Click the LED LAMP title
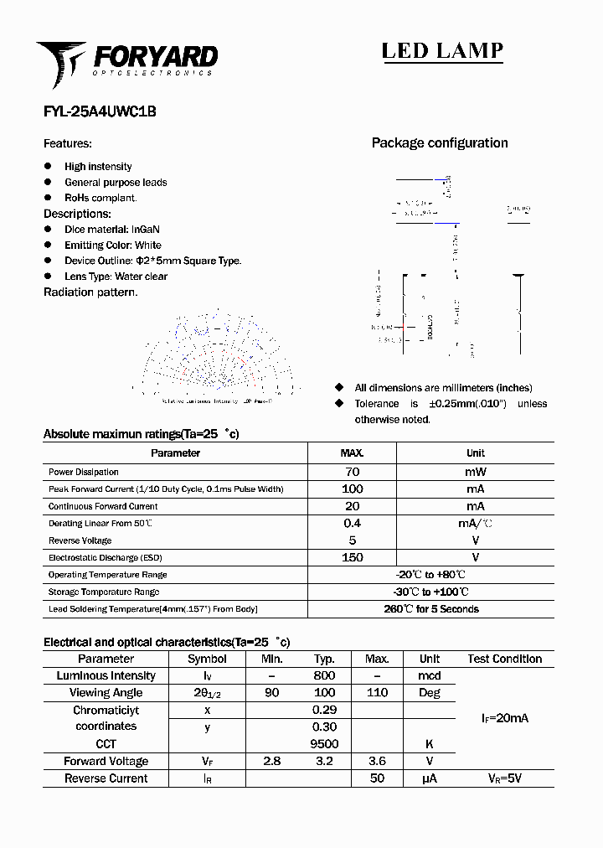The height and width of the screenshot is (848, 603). pyautogui.click(x=442, y=51)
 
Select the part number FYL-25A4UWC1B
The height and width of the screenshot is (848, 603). pyautogui.click(x=100, y=111)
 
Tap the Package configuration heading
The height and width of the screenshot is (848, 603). pyautogui.click(x=439, y=143)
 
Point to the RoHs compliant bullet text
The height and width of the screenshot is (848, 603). pyautogui.click(x=100, y=198)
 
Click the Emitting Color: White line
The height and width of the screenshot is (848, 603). pyautogui.click(x=113, y=245)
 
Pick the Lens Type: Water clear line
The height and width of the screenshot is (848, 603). pyautogui.click(x=116, y=277)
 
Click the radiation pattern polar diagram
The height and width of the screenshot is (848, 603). pyautogui.click(x=216, y=356)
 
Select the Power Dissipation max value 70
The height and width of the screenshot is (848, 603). pyautogui.click(x=352, y=472)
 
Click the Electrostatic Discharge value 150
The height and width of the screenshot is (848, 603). pyautogui.click(x=352, y=557)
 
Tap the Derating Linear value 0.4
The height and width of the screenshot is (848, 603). pyautogui.click(x=352, y=523)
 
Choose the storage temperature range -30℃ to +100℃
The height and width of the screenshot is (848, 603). pyautogui.click(x=430, y=592)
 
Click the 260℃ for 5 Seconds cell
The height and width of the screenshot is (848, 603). pyautogui.click(x=430, y=609)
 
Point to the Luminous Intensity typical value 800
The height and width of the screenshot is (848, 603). pyautogui.click(x=324, y=675)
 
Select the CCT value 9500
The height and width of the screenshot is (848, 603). pyautogui.click(x=324, y=744)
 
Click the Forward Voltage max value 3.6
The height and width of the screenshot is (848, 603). pyautogui.click(x=377, y=761)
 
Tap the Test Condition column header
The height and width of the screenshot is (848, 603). pyautogui.click(x=504, y=659)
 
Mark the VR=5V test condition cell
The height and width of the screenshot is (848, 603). pyautogui.click(x=504, y=778)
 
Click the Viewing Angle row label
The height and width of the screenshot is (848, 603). pyautogui.click(x=106, y=693)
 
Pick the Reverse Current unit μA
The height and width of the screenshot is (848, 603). pyautogui.click(x=430, y=778)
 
